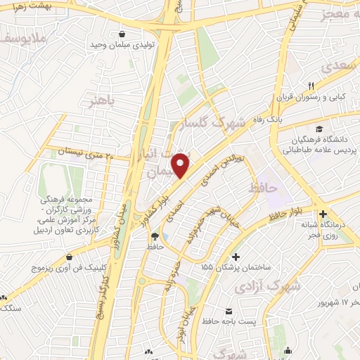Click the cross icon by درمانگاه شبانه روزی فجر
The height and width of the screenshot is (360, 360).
322,214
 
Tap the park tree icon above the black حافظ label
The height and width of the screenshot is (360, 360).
154,236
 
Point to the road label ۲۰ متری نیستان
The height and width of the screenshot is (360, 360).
85,152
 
